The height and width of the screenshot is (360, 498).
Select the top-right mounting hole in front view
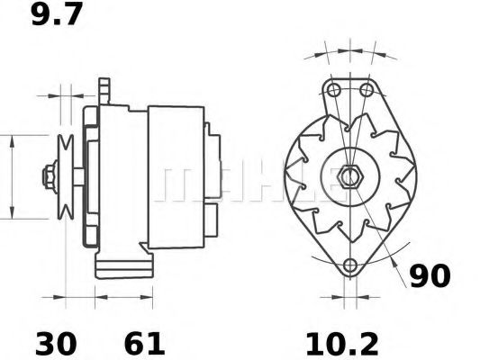tap(365, 90)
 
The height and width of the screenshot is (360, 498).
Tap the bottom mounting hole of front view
tap(350, 264)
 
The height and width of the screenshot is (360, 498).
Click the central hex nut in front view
tap(349, 175)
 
